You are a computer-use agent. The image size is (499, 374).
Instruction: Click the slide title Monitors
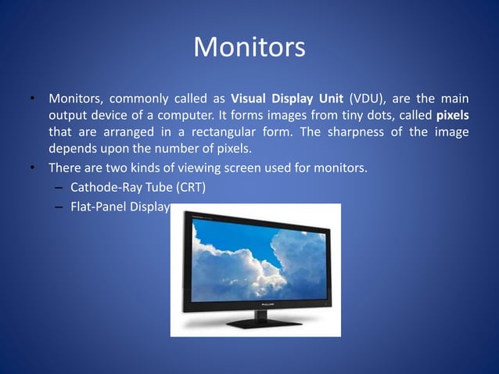pos(249,48)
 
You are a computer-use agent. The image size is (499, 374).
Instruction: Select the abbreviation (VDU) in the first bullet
pos(371,99)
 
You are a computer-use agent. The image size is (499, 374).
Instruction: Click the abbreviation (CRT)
pos(194,187)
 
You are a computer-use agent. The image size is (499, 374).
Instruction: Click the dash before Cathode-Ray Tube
pos(59,188)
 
